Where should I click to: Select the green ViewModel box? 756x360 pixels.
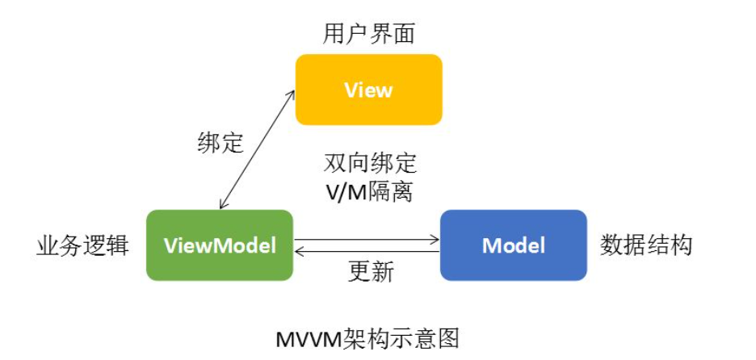point(219,245)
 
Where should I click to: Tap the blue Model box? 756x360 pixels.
point(513,245)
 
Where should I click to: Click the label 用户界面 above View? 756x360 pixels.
point(368,34)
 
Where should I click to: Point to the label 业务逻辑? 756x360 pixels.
point(82,245)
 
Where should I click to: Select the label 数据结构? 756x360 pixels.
point(646,245)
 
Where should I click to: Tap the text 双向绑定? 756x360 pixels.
point(370,163)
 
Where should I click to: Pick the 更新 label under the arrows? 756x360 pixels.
point(371,271)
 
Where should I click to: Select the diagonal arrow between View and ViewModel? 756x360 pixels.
point(254,149)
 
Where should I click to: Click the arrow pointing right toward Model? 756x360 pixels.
point(367,239)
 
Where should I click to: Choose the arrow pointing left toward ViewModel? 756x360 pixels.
point(367,252)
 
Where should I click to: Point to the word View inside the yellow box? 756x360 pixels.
point(368,90)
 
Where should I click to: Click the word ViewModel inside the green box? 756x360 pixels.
point(219,245)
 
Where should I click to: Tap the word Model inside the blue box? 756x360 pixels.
point(513,245)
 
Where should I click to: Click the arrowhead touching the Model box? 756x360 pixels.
point(435,239)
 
